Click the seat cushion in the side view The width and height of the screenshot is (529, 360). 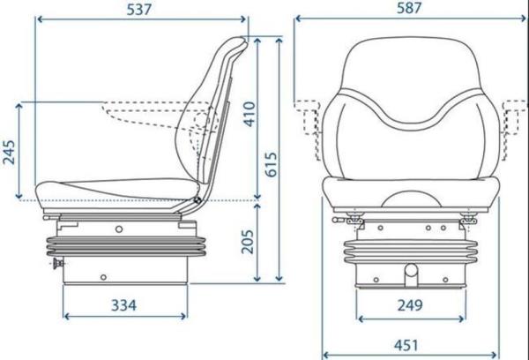(x=115, y=188)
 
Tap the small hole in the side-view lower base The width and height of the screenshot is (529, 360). (x=103, y=277)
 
